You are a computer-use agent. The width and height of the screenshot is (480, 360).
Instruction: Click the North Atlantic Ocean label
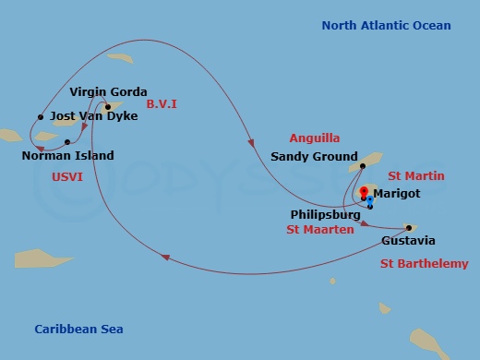[386, 26]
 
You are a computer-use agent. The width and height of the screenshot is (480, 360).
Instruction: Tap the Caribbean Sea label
[78, 330]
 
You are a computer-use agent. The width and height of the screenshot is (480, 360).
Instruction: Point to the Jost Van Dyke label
[93, 116]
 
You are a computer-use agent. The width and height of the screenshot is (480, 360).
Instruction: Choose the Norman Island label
[67, 156]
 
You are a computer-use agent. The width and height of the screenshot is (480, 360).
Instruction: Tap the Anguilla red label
[314, 138]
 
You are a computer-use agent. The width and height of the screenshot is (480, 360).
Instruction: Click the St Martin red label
[416, 175]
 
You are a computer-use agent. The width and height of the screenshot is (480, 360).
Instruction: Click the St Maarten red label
[320, 229]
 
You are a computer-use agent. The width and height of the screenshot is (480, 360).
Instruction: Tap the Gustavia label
[408, 242]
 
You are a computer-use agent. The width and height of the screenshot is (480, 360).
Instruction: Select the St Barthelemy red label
[425, 264]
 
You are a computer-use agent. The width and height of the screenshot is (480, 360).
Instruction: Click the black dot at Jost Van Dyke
[41, 117]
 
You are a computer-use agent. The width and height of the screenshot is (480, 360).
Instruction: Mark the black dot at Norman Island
[68, 142]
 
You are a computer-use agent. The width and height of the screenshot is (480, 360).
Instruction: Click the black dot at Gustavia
[407, 228]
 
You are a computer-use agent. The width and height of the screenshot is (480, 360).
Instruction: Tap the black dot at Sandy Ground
[363, 166]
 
